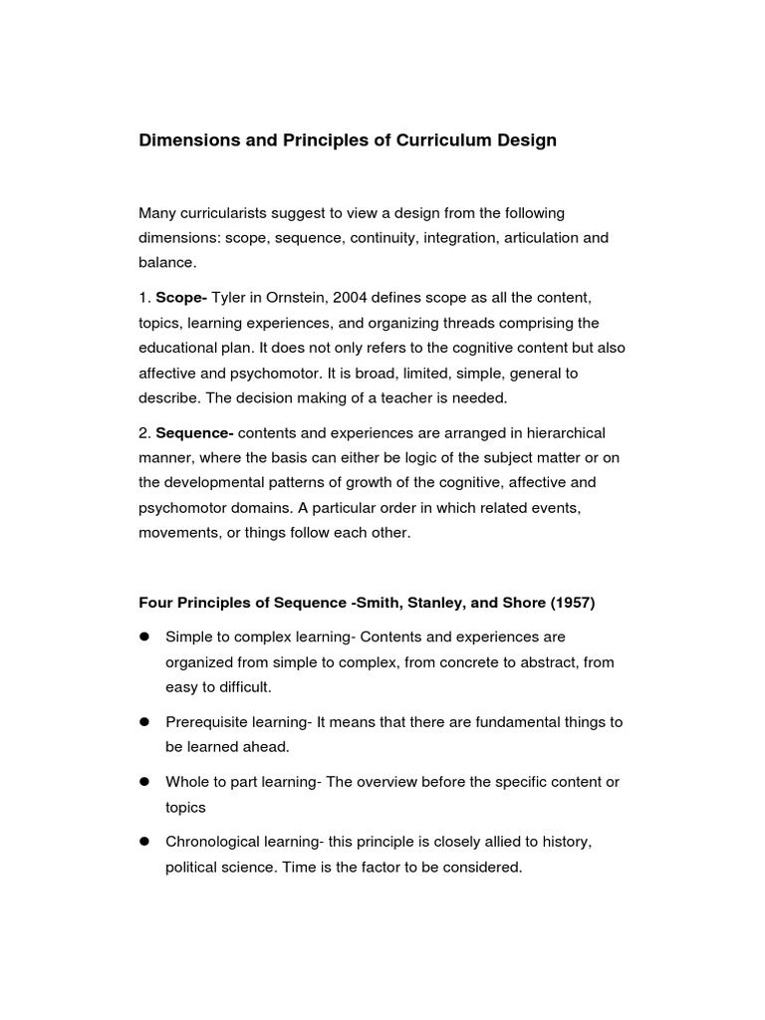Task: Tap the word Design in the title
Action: tap(527, 140)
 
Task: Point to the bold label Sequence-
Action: tap(194, 432)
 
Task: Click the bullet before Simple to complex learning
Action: tap(144, 636)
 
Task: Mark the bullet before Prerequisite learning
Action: tap(144, 721)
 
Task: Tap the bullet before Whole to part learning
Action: tap(144, 782)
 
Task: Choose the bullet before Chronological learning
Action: tap(144, 842)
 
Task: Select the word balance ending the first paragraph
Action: tap(167, 263)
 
